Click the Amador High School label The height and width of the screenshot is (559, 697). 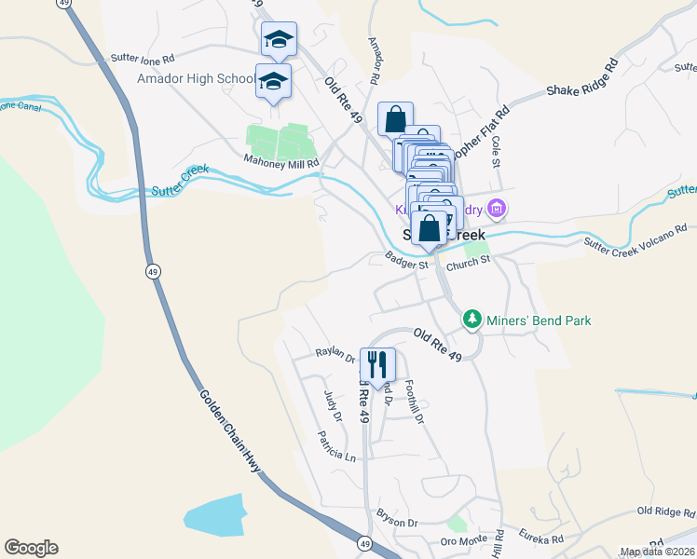pos(195,78)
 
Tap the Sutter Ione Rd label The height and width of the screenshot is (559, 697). pos(143,57)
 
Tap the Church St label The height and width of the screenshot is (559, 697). pos(467,264)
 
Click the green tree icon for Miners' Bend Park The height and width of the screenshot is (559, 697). pos(473,320)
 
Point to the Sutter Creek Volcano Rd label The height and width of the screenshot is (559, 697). pos(635,236)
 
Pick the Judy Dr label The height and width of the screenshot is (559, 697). pos(333,405)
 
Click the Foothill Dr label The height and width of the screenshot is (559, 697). pos(416,406)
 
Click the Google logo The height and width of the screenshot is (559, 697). pos(31,548)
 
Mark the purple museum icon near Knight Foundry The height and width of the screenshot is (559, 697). pos(498,209)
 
